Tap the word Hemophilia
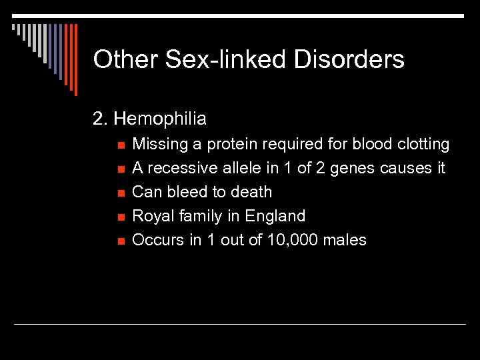coord(160,119)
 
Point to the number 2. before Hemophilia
coord(100,119)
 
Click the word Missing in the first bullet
coord(159,145)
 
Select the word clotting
coord(423,145)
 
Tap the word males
coord(345,240)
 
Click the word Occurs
coord(157,240)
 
